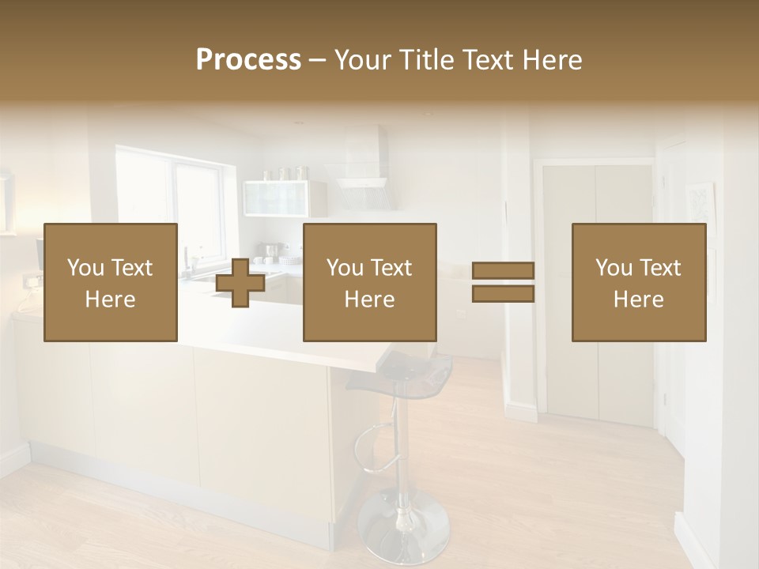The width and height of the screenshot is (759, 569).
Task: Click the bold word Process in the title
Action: click(248, 60)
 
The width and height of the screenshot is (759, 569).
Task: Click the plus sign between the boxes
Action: click(240, 282)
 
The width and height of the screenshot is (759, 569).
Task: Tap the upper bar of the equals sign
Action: click(503, 271)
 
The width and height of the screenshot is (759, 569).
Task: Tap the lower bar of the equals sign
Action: click(503, 294)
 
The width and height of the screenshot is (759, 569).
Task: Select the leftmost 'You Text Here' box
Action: click(111, 282)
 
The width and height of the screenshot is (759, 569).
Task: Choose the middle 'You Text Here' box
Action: click(370, 282)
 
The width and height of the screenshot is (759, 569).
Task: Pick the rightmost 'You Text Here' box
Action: click(639, 282)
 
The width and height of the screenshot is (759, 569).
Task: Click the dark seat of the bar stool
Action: click(399, 371)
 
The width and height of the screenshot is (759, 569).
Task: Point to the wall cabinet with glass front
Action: click(277, 198)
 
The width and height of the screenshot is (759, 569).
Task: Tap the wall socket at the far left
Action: click(32, 280)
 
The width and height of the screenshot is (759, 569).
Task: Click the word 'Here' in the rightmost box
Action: click(639, 299)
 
